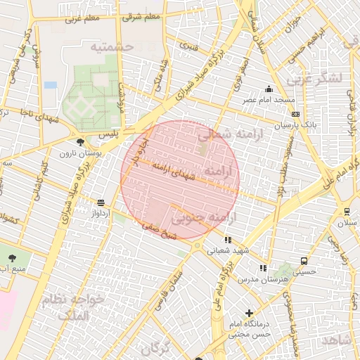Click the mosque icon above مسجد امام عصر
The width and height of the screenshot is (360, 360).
[x=269, y=89]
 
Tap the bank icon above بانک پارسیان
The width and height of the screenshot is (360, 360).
[x=295, y=114]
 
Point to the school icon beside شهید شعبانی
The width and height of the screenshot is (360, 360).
[x=227, y=240]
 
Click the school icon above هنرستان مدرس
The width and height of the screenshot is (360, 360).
[x=263, y=268]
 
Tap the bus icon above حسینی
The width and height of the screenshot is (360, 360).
[x=303, y=260]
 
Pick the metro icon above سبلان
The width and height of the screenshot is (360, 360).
[x=347, y=212]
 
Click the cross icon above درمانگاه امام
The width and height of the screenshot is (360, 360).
[x=249, y=313]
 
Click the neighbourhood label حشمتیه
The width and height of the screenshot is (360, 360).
[x=111, y=46]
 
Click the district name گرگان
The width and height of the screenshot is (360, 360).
[x=156, y=348]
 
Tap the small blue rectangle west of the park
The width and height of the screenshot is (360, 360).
[x=50, y=85]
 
